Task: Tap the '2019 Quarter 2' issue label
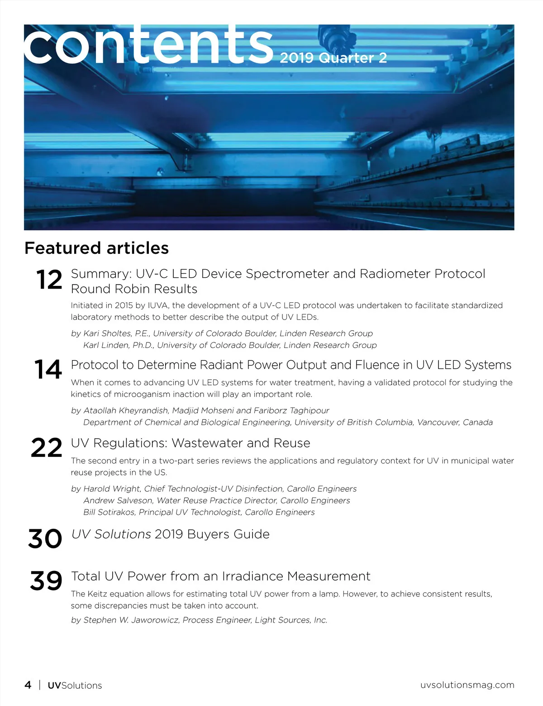tap(333, 58)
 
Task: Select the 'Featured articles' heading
tap(96, 248)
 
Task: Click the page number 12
tap(49, 280)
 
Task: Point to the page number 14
tap(48, 369)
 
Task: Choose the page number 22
tap(47, 448)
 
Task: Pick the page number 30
tap(45, 539)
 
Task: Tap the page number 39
tap(46, 580)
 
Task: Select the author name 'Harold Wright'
tap(112, 489)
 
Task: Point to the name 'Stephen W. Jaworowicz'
tap(131, 620)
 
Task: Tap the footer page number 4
tap(28, 685)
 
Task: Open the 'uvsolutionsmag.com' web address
tap(467, 685)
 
